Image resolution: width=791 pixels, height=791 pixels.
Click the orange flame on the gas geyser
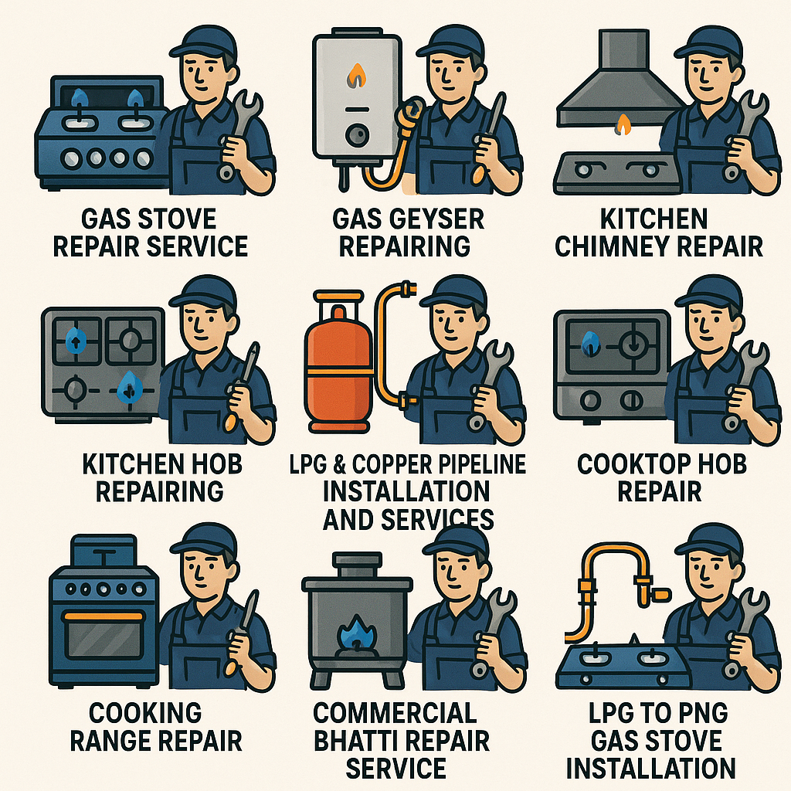click(357, 75)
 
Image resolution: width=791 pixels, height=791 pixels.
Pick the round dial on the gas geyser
click(357, 135)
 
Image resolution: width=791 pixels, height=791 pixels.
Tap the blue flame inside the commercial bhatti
click(357, 633)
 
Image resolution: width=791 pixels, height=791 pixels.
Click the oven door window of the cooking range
click(104, 639)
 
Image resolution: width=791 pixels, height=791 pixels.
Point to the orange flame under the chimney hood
click(623, 124)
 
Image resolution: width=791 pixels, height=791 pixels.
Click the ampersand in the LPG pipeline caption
click(340, 464)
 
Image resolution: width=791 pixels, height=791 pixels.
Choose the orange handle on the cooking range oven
click(104, 616)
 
